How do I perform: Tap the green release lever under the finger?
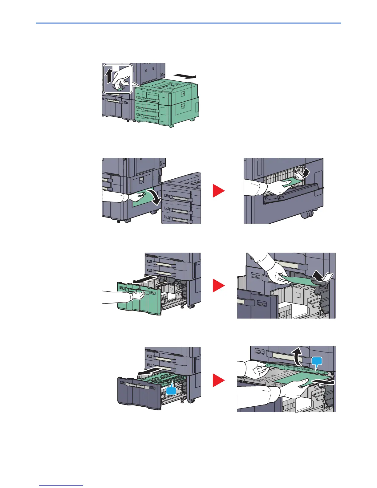coord(119,88)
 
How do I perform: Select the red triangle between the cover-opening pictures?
coord(219,191)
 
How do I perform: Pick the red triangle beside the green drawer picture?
coord(219,286)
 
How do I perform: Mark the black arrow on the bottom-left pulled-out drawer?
coord(149,371)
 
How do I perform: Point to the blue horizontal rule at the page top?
coord(188,23)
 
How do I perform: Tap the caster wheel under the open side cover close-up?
coord(307,214)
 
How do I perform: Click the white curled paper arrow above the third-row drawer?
coord(322,276)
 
